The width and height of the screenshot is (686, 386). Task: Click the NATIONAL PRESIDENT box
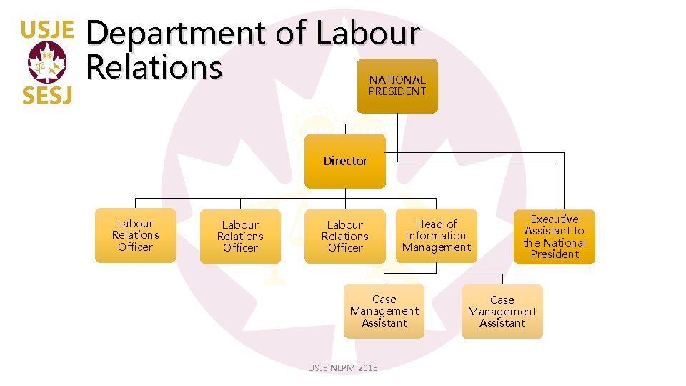click(x=397, y=86)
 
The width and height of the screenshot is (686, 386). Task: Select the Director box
click(x=345, y=161)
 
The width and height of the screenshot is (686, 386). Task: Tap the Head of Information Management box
click(x=436, y=236)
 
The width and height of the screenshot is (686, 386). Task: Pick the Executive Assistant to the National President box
click(x=554, y=237)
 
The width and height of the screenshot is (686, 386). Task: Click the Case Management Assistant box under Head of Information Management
click(x=384, y=311)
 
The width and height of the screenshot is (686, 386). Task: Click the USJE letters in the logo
click(x=46, y=29)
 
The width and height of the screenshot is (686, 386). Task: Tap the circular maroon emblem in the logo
click(x=46, y=63)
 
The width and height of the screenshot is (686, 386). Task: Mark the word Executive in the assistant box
click(x=554, y=219)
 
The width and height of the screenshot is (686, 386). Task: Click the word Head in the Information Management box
click(x=426, y=224)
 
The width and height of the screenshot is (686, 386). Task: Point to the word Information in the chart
click(x=436, y=236)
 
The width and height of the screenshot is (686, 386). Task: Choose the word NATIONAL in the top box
click(x=397, y=80)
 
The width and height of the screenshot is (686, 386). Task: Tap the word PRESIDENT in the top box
click(x=397, y=91)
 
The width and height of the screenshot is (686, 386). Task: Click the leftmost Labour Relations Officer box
click(x=135, y=235)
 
